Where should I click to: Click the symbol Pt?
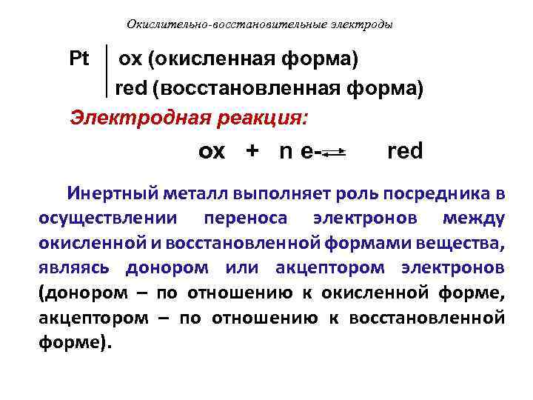click(x=79, y=58)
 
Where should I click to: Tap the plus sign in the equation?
click(x=252, y=151)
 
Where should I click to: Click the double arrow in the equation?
click(x=335, y=153)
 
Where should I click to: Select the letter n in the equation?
click(x=285, y=152)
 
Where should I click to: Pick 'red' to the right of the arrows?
click(x=405, y=151)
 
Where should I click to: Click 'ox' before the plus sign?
click(x=212, y=152)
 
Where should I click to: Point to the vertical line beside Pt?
click(x=108, y=73)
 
